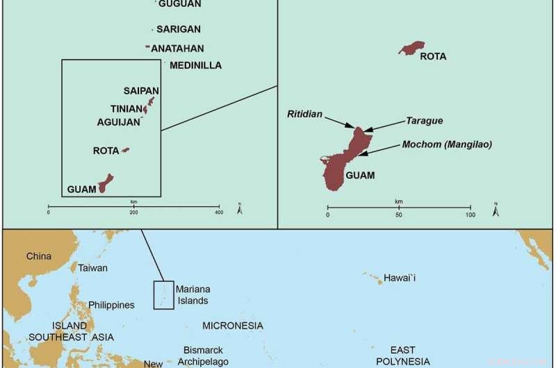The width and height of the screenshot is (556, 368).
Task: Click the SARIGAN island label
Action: point(179,29)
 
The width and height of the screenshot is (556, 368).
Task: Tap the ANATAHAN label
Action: point(178,49)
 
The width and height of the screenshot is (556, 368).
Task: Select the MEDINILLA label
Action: point(195,66)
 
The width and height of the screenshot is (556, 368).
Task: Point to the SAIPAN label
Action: point(141,91)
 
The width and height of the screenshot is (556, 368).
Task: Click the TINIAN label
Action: point(125,109)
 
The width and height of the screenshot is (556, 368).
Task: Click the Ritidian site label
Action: point(304,114)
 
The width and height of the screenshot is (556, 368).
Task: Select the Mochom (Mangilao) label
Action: point(447,144)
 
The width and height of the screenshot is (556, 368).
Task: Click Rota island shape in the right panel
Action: point(411,48)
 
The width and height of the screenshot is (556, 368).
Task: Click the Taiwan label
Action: point(92,267)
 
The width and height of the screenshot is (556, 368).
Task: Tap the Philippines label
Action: point(111,305)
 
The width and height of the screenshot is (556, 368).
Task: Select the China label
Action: point(39,256)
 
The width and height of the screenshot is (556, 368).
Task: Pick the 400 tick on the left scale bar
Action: point(219,206)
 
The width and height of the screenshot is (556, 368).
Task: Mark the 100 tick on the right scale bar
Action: point(471,207)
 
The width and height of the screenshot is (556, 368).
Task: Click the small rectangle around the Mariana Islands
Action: point(163,295)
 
